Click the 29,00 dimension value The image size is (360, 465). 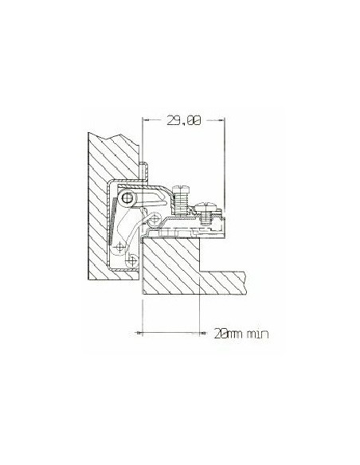pos(184,120)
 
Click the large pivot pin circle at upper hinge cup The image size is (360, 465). pos(127,197)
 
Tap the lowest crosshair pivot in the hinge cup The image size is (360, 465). pos(131,260)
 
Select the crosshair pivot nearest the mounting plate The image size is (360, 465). pos(155,219)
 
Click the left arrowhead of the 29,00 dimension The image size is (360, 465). pos(145,119)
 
